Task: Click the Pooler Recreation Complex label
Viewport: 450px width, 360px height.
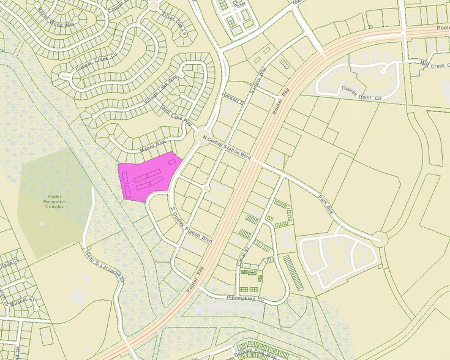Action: tap(54, 201)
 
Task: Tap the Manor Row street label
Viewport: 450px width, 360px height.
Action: tap(153, 144)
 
